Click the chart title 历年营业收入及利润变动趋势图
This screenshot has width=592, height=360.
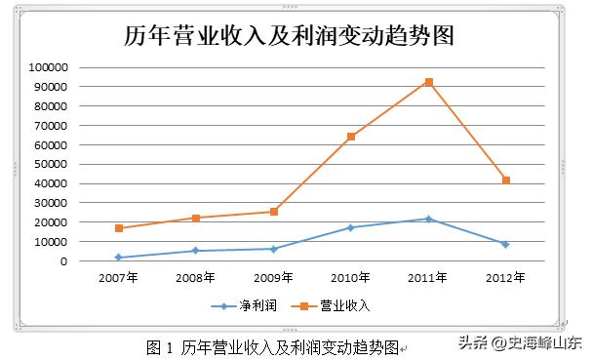[x=290, y=36]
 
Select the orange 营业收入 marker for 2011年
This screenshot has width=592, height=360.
[x=429, y=82]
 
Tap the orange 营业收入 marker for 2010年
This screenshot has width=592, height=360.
[x=351, y=137]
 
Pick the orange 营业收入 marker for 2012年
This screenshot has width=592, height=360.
[x=506, y=180]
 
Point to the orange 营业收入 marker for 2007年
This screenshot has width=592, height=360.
[x=119, y=228]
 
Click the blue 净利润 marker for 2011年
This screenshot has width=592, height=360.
[x=429, y=219]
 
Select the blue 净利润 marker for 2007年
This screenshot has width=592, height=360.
[x=119, y=258]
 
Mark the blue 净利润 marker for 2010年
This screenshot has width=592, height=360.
[x=351, y=227]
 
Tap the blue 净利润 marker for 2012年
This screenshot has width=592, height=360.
[x=506, y=244]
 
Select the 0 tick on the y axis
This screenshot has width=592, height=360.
[x=63, y=261]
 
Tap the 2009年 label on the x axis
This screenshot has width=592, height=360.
[x=274, y=278]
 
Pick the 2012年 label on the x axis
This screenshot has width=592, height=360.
[x=506, y=278]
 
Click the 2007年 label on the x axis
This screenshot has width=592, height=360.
[x=119, y=278]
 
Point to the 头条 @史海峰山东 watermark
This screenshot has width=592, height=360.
[x=520, y=343]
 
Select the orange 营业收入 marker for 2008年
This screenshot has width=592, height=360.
[x=196, y=219]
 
